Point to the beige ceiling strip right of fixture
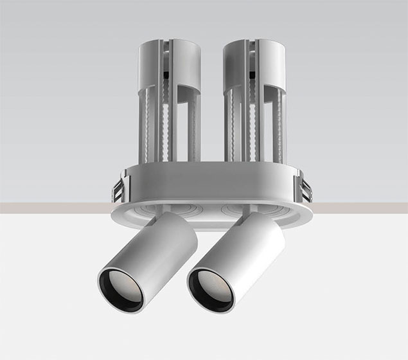click(x=360, y=207)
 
